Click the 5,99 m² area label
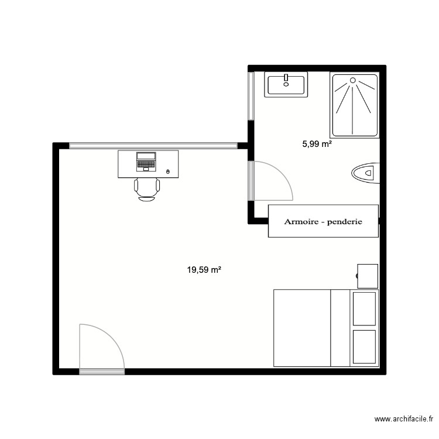(317, 143)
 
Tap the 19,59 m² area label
(204, 270)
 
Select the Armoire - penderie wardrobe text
(323, 222)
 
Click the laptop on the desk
(146, 161)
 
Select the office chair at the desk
(147, 188)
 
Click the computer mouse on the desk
(169, 172)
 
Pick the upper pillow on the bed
(363, 308)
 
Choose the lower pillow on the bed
(363, 347)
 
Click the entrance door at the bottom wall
(101, 370)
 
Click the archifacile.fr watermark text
(404, 419)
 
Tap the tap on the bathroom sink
(286, 78)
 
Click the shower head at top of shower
(353, 80)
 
